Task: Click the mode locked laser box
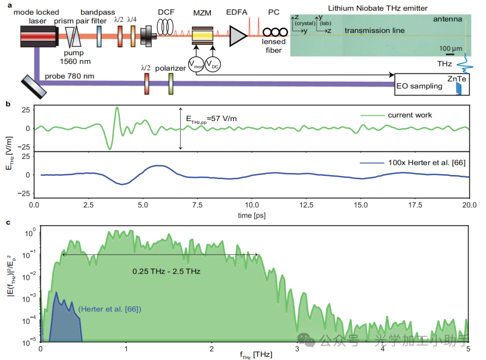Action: [x=39, y=36]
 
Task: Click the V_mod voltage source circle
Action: [x=196, y=64]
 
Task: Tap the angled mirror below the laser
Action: [x=33, y=87]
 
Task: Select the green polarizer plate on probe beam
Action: [x=171, y=84]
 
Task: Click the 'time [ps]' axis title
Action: [x=251, y=215]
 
